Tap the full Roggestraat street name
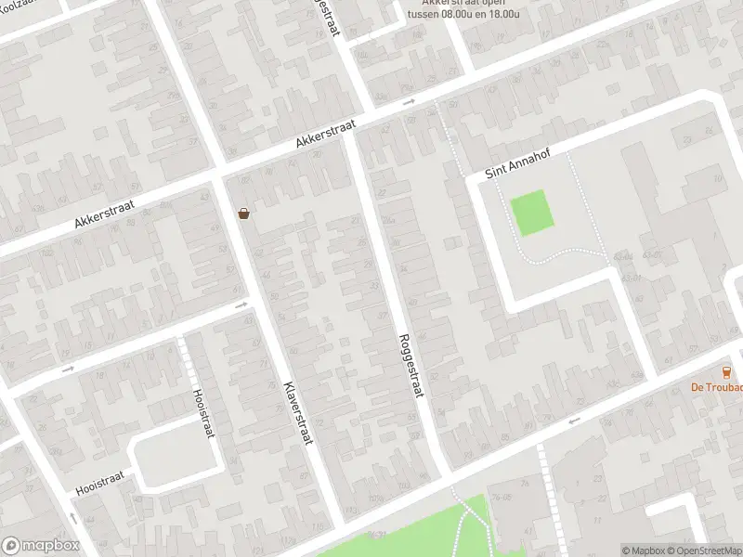tap(410, 366)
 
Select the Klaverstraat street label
tap(297, 412)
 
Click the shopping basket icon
tap(243, 214)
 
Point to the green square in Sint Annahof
tap(532, 212)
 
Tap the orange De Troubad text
tap(716, 388)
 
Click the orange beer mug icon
tap(726, 372)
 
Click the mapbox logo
tap(40, 546)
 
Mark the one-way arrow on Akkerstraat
tap(410, 102)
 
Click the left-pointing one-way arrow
tap(573, 421)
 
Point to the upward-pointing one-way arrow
tap(73, 517)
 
